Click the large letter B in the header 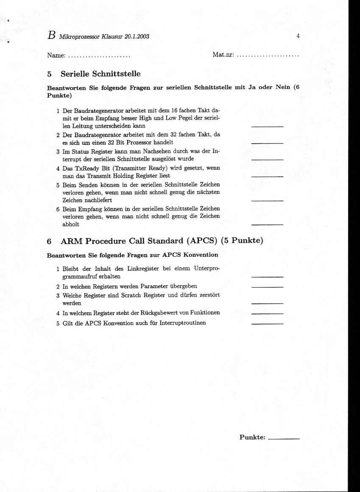(x=51, y=36)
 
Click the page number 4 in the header (x=298, y=36)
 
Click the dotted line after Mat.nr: (x=268, y=56)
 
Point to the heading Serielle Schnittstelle (x=100, y=74)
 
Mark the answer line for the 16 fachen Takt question (x=267, y=126)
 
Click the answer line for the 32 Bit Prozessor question (x=267, y=143)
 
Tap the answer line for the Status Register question (x=267, y=159)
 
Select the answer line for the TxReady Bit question (x=267, y=176)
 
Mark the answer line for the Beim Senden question (x=267, y=200)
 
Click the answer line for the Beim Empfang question (x=267, y=225)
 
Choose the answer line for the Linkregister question (x=267, y=276)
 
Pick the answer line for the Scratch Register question (x=267, y=303)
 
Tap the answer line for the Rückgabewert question (x=267, y=314)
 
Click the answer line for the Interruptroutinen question (x=267, y=323)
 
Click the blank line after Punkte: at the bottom (x=284, y=438)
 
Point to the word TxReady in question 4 (x=85, y=168)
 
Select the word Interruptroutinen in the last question (x=183, y=323)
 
